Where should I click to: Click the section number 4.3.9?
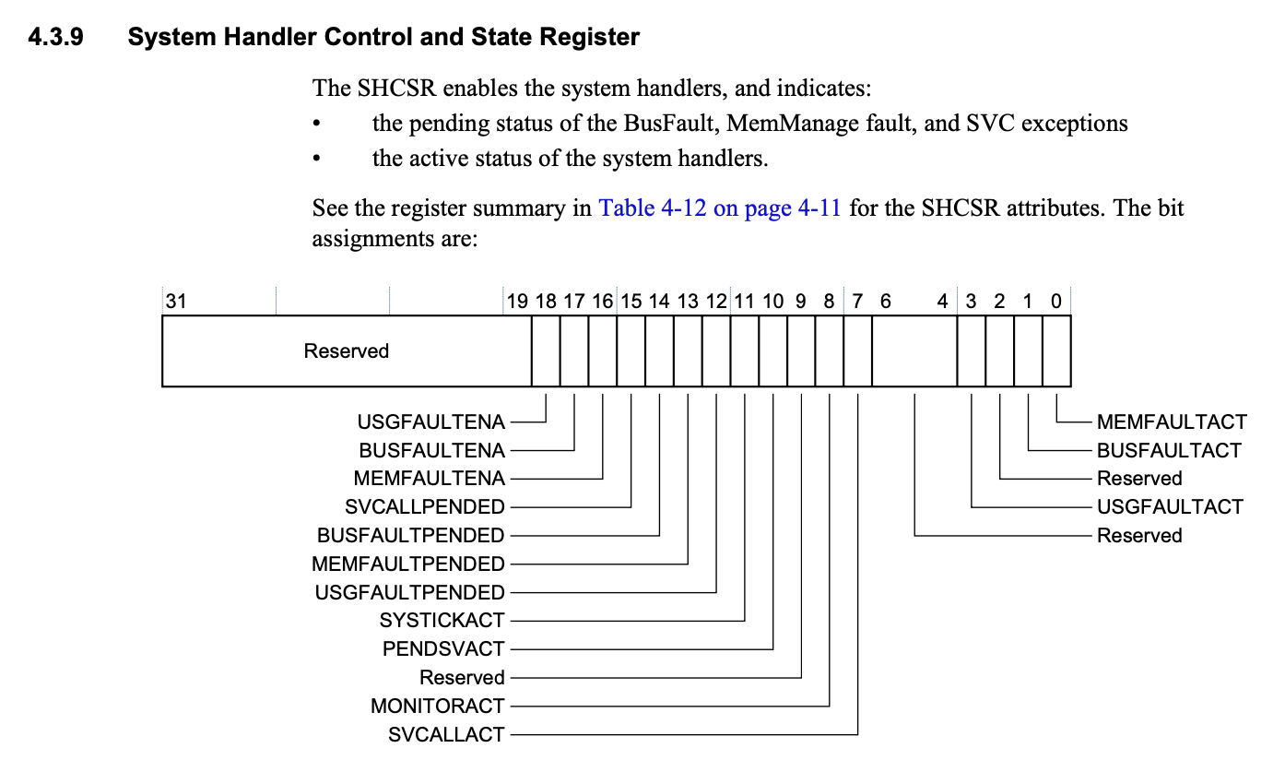[x=56, y=39]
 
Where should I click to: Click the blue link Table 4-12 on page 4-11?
[x=719, y=208]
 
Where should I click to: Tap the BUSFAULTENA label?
[x=431, y=451]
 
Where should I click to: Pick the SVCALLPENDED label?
[x=425, y=507]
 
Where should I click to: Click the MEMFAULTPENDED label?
[x=408, y=564]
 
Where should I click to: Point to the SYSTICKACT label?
[x=442, y=621]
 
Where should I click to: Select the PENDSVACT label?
[x=443, y=649]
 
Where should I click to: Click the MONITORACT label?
[x=438, y=707]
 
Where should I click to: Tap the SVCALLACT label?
[x=446, y=735]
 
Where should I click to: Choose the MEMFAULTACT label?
[x=1171, y=422]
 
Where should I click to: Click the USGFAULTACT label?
[x=1169, y=507]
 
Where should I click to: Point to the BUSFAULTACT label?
[x=1168, y=451]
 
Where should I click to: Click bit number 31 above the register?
[x=175, y=301]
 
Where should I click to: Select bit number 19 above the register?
[x=516, y=301]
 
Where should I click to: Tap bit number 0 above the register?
[x=1055, y=301]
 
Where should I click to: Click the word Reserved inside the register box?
[x=346, y=351]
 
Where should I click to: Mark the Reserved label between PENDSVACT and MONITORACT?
[x=462, y=678]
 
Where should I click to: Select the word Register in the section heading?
[x=595, y=39]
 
